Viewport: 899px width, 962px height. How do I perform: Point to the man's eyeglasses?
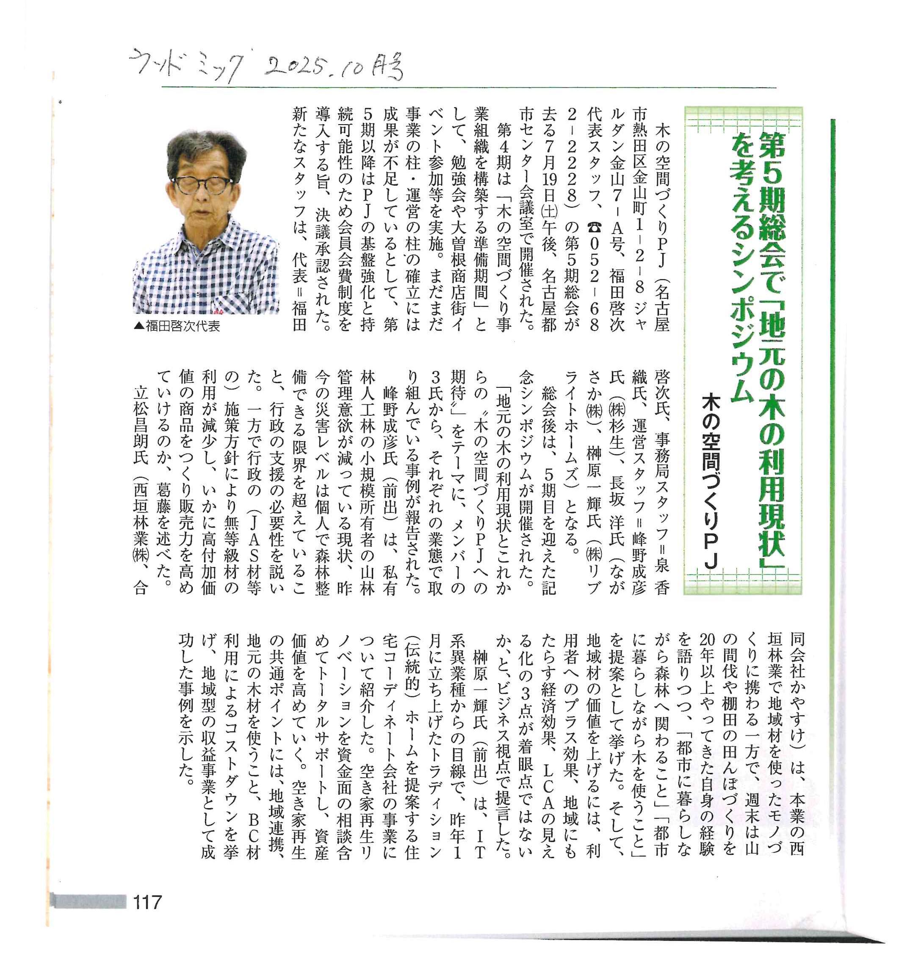coord(203,184)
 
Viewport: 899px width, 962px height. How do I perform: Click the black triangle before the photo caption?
coord(139,327)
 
